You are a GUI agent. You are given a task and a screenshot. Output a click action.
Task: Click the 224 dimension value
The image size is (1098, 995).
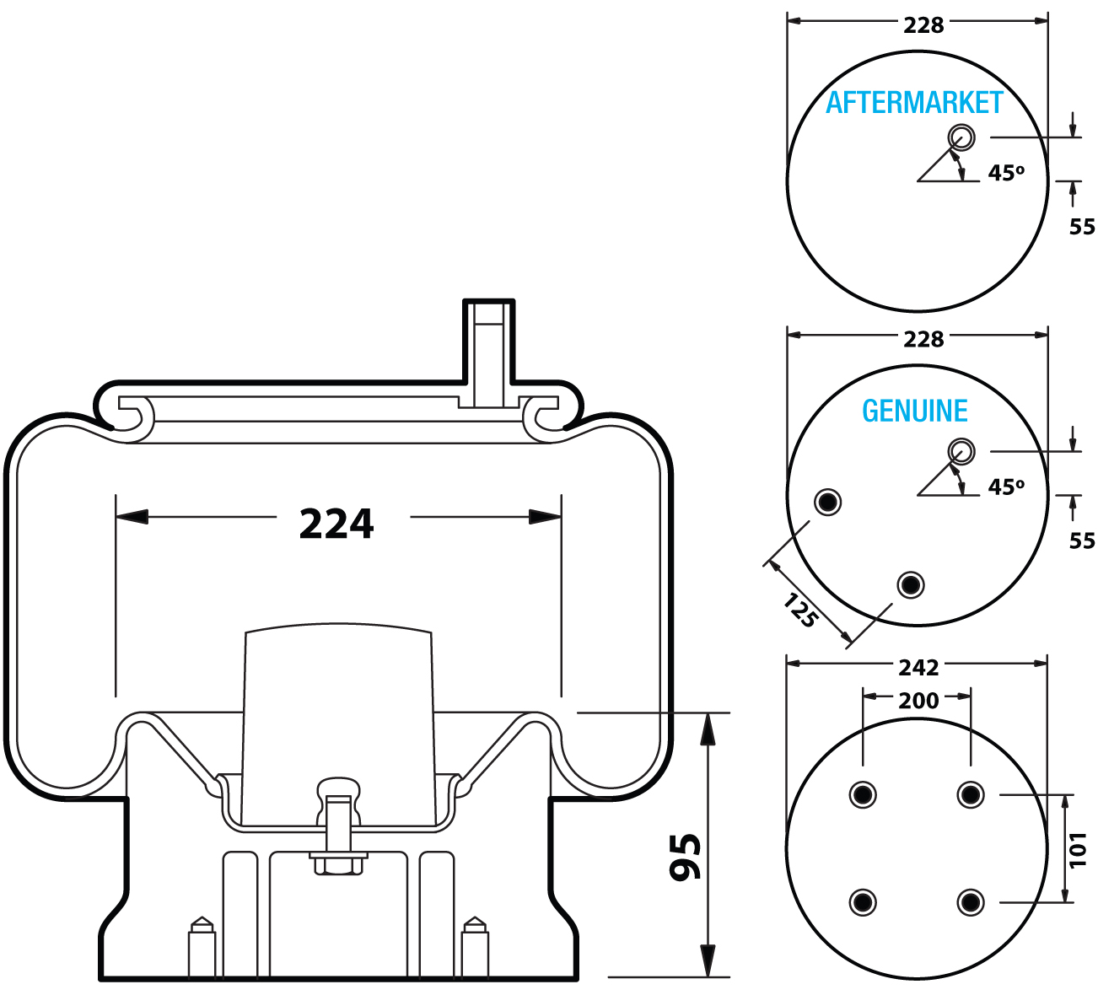pos(336,524)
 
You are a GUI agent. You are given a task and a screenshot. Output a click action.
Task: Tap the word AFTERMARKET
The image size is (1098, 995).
pos(913,103)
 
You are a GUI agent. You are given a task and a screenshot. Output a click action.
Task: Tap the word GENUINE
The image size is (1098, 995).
pos(914,411)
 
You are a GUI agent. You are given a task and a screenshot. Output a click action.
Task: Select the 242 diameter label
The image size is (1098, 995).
pos(918,668)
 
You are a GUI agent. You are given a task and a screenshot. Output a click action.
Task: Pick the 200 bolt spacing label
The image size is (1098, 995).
pos(918,701)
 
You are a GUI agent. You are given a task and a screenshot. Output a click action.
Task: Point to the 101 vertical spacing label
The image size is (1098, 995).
pos(1079,849)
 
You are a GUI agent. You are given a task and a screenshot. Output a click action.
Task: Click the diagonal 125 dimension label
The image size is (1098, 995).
pos(799,610)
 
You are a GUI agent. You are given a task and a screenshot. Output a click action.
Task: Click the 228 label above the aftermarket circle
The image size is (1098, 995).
pos(923,26)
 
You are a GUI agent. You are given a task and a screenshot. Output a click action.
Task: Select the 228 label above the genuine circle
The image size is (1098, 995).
pos(923,340)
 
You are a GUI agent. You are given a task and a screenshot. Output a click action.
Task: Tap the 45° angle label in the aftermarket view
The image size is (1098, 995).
pos(1005,173)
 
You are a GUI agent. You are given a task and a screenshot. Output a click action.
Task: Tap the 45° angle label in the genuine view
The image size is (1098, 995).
pos(1005,487)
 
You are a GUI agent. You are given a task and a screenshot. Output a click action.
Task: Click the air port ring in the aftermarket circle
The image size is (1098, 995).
pos(961,137)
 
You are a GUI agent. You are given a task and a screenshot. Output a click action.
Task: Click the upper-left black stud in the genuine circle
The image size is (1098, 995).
pos(827,503)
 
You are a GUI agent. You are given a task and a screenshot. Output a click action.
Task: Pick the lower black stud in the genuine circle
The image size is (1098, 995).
pos(910,584)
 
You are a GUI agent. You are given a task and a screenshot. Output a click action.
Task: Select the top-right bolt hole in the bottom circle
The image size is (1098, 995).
pos(971,794)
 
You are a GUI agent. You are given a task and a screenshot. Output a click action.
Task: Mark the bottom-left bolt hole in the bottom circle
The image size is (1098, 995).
pos(862,902)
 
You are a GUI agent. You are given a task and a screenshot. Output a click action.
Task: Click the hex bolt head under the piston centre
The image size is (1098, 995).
pos(338,865)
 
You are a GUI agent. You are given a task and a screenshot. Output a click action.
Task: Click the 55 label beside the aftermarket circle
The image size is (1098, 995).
pos(1081,227)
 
